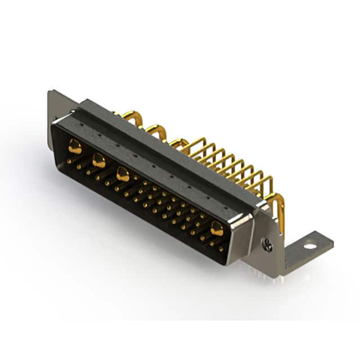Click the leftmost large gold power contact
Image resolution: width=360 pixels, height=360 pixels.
75,147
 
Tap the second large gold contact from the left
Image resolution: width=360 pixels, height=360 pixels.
99,161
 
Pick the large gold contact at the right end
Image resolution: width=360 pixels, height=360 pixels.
217,228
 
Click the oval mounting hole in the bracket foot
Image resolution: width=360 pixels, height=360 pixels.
309,245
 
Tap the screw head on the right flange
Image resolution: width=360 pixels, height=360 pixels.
268,244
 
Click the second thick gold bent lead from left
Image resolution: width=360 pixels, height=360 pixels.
157,130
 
